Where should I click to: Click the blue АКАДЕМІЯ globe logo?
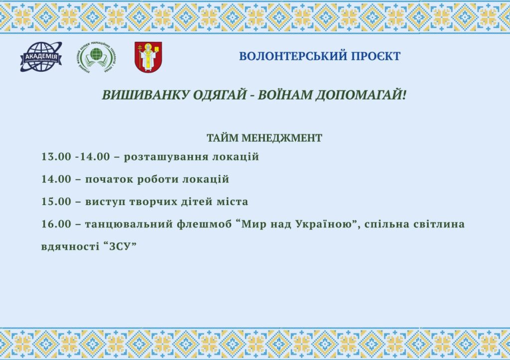[x=41, y=57]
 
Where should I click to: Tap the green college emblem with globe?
[x=97, y=57]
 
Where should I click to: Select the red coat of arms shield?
[x=148, y=57]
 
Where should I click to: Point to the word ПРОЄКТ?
[x=371, y=56]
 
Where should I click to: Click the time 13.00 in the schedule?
[x=56, y=157]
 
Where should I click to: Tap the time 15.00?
[x=56, y=202]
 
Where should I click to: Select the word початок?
[x=109, y=180]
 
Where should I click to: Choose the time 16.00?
[x=56, y=224]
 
